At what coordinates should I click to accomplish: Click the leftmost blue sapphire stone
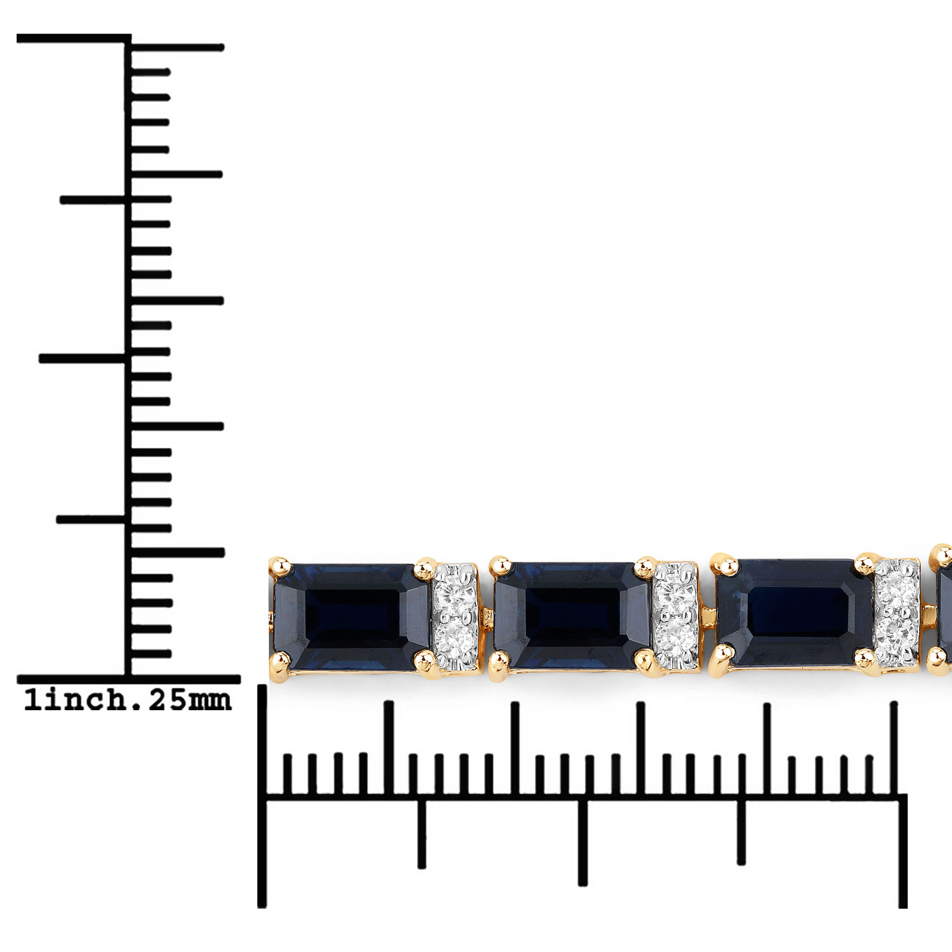[352, 616]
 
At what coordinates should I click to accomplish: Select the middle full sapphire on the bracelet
[572, 614]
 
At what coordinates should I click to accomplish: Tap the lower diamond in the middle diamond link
[676, 635]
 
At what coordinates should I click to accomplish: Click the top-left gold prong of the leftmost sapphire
[280, 566]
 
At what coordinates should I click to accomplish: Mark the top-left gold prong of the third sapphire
[722, 564]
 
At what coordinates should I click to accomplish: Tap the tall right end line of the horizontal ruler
[902, 850]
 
